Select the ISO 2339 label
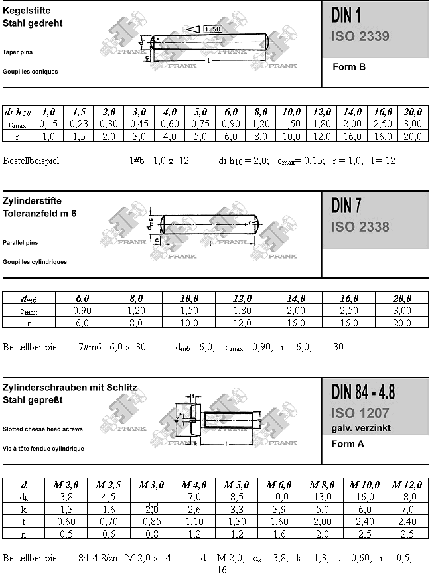(360, 36)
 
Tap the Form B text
(348, 67)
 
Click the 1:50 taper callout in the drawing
(212, 29)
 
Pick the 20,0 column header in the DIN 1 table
(412, 111)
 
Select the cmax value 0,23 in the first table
(79, 124)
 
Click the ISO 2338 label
(360, 227)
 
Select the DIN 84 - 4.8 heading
(363, 392)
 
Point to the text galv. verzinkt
(360, 428)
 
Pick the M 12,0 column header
(405, 485)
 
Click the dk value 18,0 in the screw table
(405, 497)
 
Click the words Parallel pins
(20, 243)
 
